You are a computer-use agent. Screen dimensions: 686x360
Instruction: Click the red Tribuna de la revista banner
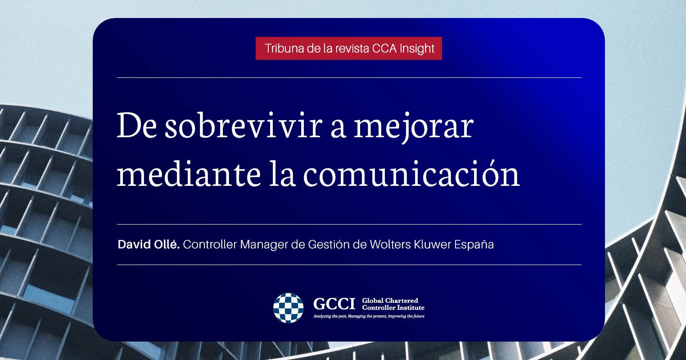point(348,48)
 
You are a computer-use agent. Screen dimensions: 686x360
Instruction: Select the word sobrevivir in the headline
point(244,126)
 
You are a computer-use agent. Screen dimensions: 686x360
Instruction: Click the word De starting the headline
point(137,126)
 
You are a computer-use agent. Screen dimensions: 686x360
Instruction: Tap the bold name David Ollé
point(149,244)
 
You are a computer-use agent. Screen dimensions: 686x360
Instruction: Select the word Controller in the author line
point(210,244)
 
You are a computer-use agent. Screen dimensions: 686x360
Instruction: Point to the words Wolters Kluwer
point(411,244)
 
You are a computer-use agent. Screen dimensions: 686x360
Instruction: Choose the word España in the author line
point(474,244)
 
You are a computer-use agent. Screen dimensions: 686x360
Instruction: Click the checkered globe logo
point(288,308)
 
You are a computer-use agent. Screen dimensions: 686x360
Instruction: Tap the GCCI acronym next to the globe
point(334,304)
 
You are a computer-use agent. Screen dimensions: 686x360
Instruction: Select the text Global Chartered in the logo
point(390,300)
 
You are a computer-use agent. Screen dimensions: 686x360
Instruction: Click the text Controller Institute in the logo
point(393,307)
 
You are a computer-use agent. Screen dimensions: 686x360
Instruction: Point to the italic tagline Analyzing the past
point(369,316)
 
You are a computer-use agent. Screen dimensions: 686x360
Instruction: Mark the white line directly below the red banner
point(349,78)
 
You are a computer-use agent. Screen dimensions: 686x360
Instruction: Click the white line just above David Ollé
point(349,225)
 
